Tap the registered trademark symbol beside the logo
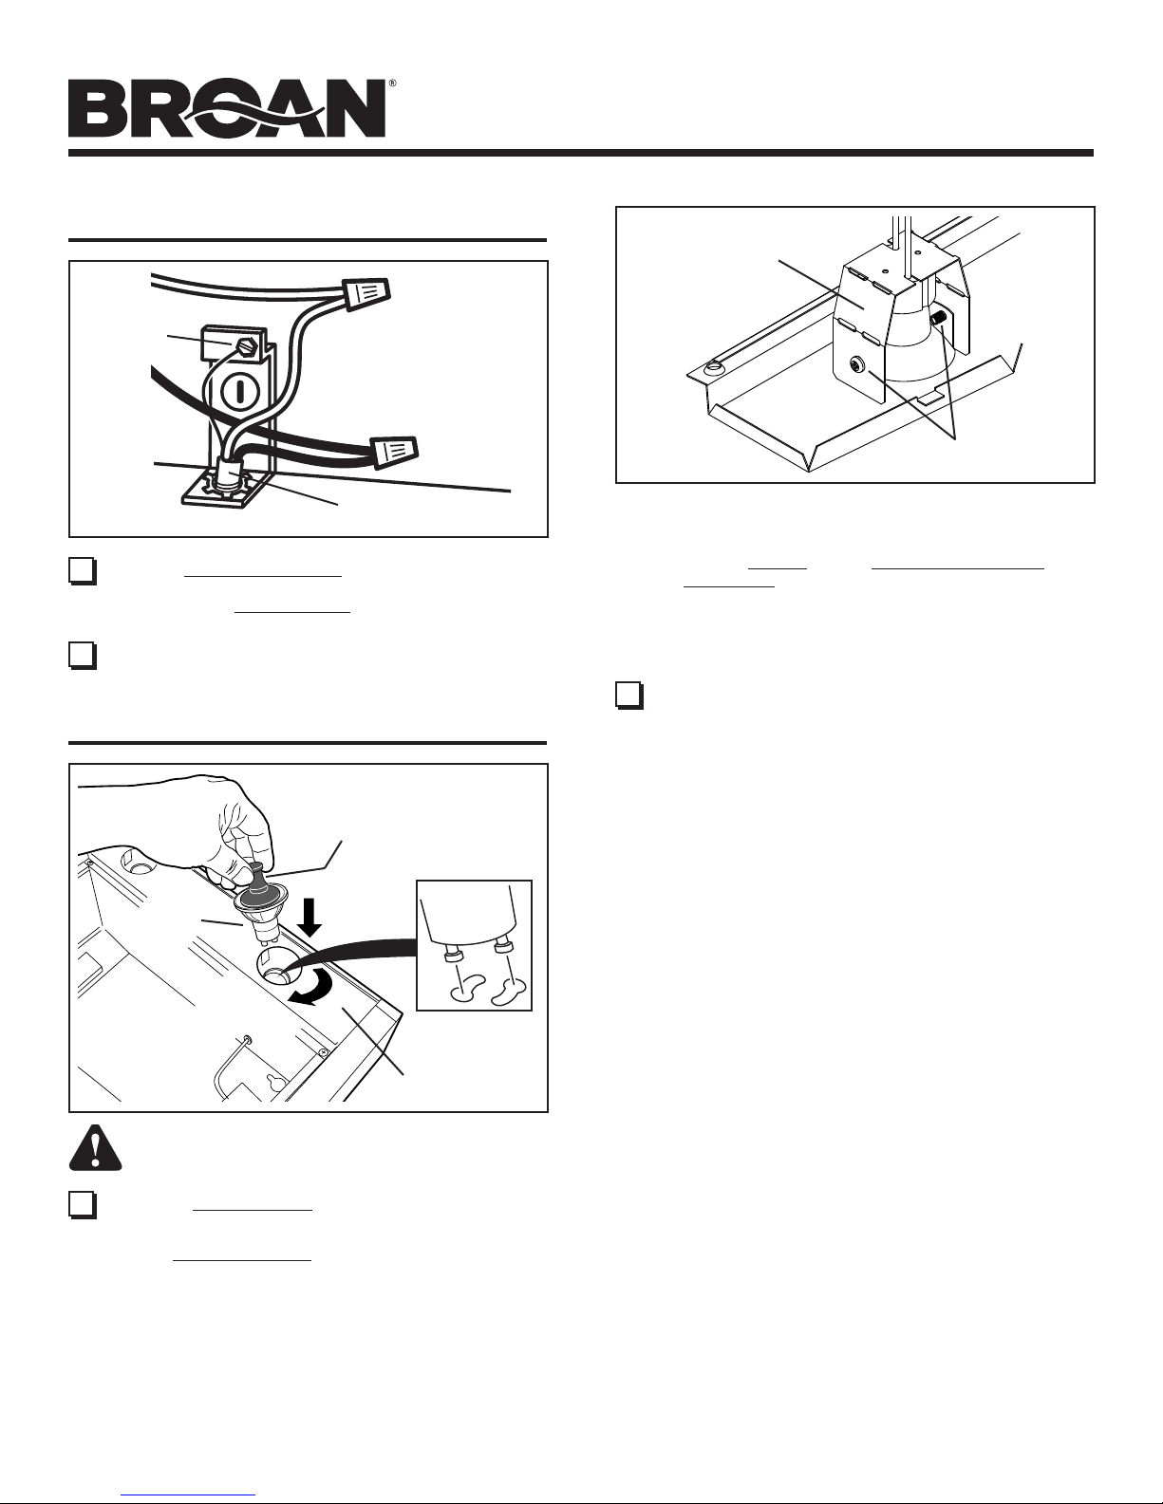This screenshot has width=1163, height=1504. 392,83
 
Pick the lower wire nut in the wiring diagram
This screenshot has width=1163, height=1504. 394,452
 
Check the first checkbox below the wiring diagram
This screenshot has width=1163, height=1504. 83,571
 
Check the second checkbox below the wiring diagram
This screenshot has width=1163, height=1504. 83,656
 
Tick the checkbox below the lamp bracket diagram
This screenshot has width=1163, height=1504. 629,696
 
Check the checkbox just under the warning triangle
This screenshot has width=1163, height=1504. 83,1205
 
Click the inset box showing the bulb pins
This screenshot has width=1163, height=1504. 474,945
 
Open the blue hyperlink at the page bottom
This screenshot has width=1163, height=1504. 188,1496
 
